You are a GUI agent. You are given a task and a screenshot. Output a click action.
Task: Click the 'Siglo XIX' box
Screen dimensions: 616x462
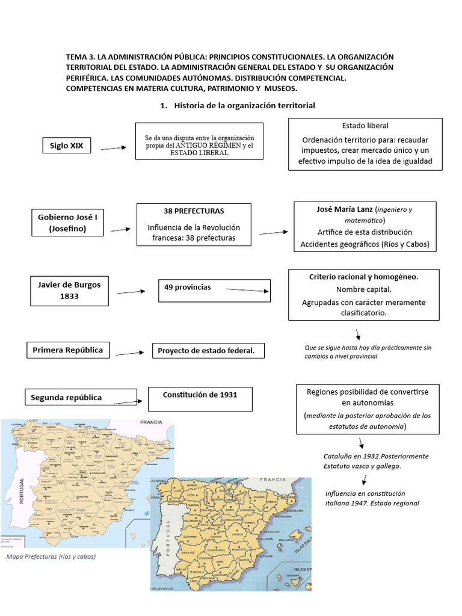click(67, 146)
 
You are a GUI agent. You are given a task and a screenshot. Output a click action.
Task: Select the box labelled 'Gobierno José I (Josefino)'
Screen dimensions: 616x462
click(67, 223)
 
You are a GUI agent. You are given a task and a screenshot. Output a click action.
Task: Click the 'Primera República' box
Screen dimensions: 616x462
click(68, 350)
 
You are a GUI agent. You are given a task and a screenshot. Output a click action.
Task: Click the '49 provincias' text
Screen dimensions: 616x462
click(188, 288)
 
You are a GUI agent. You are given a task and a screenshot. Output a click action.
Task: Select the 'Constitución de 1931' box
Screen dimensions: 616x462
click(200, 399)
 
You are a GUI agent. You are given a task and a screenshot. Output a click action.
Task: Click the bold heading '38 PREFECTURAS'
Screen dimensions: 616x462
click(194, 211)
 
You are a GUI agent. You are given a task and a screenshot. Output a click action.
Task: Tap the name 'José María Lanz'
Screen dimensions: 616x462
click(344, 209)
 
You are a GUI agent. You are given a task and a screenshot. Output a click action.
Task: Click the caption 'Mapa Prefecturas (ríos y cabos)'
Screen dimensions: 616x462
click(51, 556)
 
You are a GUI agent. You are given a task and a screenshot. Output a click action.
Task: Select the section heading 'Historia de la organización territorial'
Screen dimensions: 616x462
click(244, 105)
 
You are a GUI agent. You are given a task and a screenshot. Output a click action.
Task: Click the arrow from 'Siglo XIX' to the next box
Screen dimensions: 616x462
click(114, 148)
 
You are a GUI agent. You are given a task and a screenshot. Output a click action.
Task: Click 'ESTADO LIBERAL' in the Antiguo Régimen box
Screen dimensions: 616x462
click(200, 153)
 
